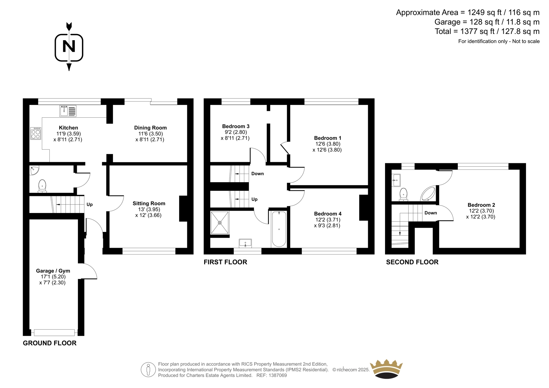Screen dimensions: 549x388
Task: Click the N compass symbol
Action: coord(69,47)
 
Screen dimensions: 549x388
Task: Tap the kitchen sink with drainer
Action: coord(68,111)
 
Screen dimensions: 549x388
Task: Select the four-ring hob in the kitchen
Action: coord(36,133)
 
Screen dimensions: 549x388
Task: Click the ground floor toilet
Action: coord(43,186)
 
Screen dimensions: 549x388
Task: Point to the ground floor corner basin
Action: coord(34,170)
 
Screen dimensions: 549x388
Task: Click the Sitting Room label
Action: coord(149,203)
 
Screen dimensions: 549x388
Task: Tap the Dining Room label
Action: coord(150,128)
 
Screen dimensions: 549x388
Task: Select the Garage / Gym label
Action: coord(53,271)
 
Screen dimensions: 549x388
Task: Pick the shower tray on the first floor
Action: coord(220,223)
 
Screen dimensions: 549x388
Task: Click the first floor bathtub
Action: coord(279,229)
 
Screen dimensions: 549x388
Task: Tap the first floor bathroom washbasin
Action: coord(245,243)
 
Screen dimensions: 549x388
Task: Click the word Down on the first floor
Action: coord(257,174)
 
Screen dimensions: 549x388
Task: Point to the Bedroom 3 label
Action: coord(236,126)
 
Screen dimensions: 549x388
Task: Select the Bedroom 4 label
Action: coord(328,214)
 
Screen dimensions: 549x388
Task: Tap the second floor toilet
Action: coord(404,195)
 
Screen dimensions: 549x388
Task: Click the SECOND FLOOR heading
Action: coord(412,262)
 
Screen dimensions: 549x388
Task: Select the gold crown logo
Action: coord(386,369)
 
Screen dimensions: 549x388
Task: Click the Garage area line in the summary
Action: coord(487,22)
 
